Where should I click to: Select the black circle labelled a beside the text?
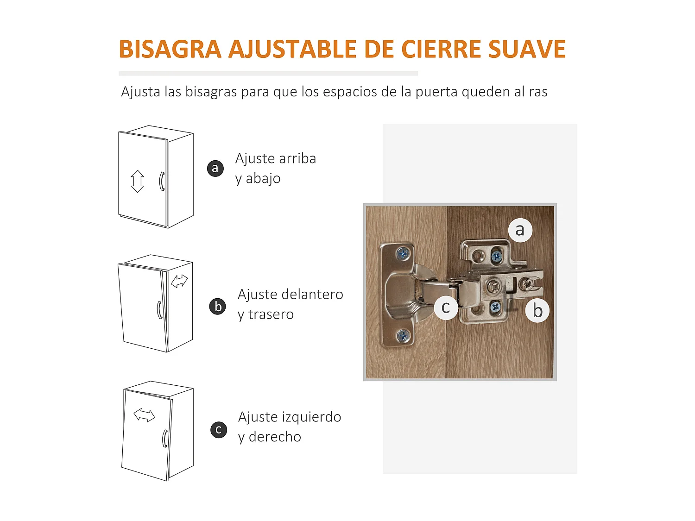click(215, 168)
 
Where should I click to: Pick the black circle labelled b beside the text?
click(218, 307)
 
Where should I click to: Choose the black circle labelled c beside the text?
click(219, 430)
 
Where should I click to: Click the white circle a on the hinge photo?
click(520, 230)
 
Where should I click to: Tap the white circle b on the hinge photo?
click(537, 311)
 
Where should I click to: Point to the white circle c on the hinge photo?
click(446, 307)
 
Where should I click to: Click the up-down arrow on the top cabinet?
click(137, 181)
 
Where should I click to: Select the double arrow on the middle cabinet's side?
click(179, 281)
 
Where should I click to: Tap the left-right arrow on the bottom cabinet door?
click(144, 415)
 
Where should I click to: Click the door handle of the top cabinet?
click(162, 181)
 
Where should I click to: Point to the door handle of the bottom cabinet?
click(164, 438)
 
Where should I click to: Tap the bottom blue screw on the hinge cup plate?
click(403, 336)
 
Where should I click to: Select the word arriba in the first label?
click(297, 158)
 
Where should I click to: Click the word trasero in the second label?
click(271, 314)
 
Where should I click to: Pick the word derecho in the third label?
click(275, 437)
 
